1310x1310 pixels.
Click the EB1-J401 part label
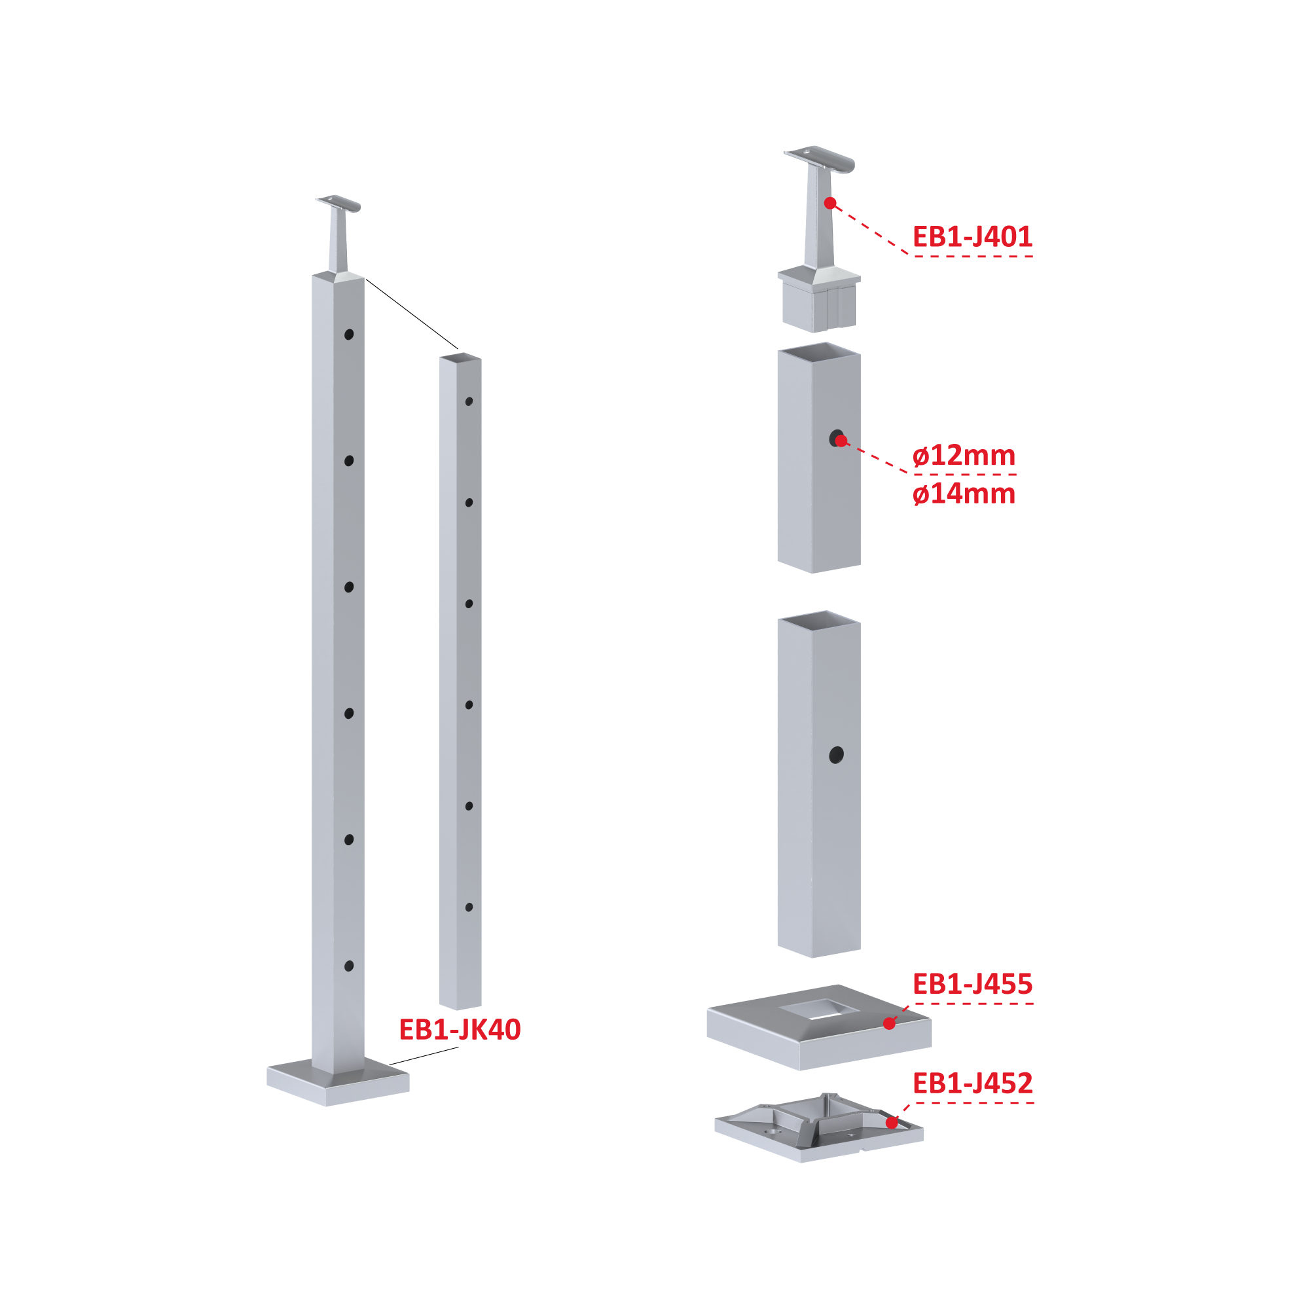click(x=972, y=236)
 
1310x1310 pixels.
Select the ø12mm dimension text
click(x=964, y=455)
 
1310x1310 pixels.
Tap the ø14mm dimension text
click(x=964, y=494)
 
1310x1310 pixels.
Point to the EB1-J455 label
click(x=972, y=984)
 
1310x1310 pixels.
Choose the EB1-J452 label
click(x=972, y=1083)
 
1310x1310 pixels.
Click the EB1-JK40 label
click(x=460, y=1029)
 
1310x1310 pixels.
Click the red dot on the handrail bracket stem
click(x=830, y=203)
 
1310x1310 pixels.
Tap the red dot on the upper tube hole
click(x=841, y=441)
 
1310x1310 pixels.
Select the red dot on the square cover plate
click(x=889, y=1024)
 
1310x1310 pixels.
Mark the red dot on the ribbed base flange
click(x=892, y=1123)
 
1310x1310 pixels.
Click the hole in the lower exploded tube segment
click(x=836, y=755)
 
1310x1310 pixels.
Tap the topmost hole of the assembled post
click(x=348, y=335)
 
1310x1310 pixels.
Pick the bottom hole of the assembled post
click(x=348, y=966)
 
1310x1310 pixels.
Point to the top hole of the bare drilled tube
click(x=469, y=401)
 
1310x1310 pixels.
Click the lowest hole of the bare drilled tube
click(x=469, y=907)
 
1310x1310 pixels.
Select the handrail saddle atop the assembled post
click(x=338, y=203)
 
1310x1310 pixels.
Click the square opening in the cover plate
click(x=819, y=1009)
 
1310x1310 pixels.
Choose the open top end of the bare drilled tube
click(x=460, y=357)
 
